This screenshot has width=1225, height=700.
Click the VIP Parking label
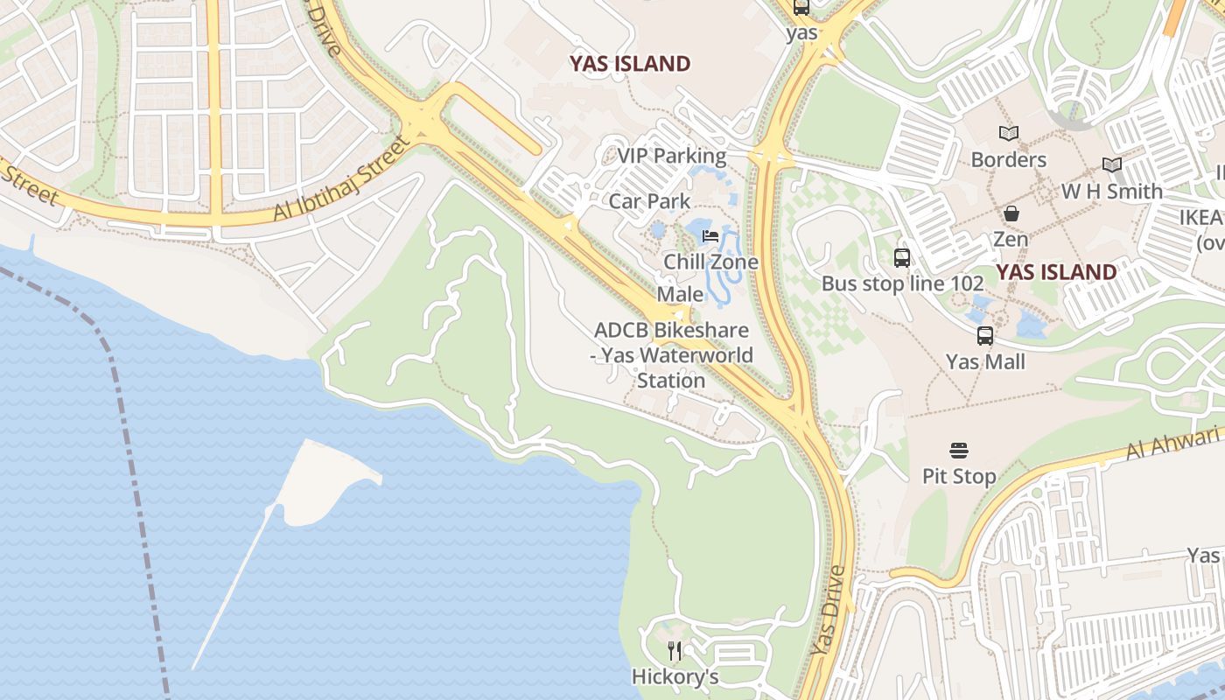pyautogui.click(x=671, y=157)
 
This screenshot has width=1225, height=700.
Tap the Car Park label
pyautogui.click(x=649, y=201)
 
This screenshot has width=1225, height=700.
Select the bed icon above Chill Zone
pyautogui.click(x=710, y=236)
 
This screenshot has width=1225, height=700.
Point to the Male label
pyautogui.click(x=680, y=294)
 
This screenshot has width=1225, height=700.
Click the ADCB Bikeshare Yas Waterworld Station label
pyautogui.click(x=671, y=355)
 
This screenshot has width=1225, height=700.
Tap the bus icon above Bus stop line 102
pyautogui.click(x=902, y=258)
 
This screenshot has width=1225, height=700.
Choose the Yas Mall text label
pyautogui.click(x=985, y=361)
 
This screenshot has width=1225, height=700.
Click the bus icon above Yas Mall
pyautogui.click(x=985, y=336)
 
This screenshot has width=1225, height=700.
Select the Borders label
pyautogui.click(x=1008, y=159)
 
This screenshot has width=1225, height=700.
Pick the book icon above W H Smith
pyautogui.click(x=1112, y=164)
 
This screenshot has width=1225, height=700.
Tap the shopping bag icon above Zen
pyautogui.click(x=1011, y=213)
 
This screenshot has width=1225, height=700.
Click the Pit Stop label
pyautogui.click(x=959, y=477)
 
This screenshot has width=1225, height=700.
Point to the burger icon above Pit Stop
pyautogui.click(x=959, y=451)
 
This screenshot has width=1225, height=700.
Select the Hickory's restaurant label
pyautogui.click(x=675, y=676)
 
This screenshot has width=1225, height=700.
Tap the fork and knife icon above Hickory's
pyautogui.click(x=675, y=651)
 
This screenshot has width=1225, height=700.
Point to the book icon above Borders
pyautogui.click(x=1009, y=134)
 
